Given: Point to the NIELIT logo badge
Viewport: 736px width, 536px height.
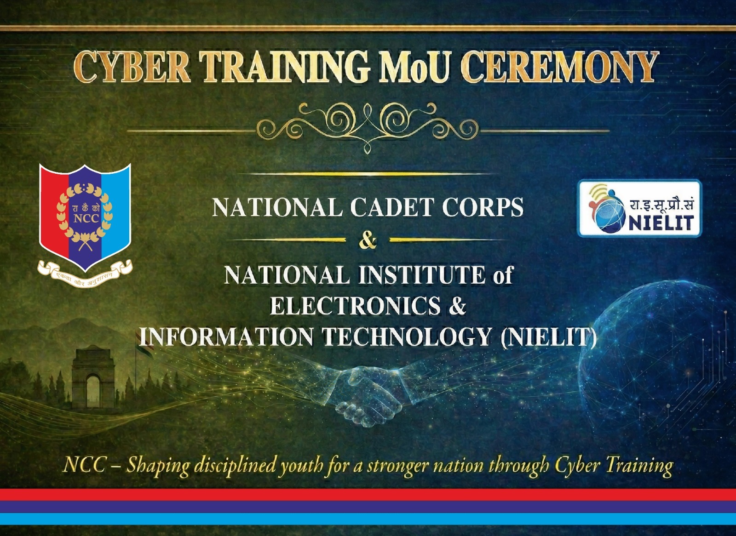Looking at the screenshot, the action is pyautogui.click(x=640, y=209).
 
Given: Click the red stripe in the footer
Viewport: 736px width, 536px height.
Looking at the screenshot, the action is pyautogui.click(x=368, y=495).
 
